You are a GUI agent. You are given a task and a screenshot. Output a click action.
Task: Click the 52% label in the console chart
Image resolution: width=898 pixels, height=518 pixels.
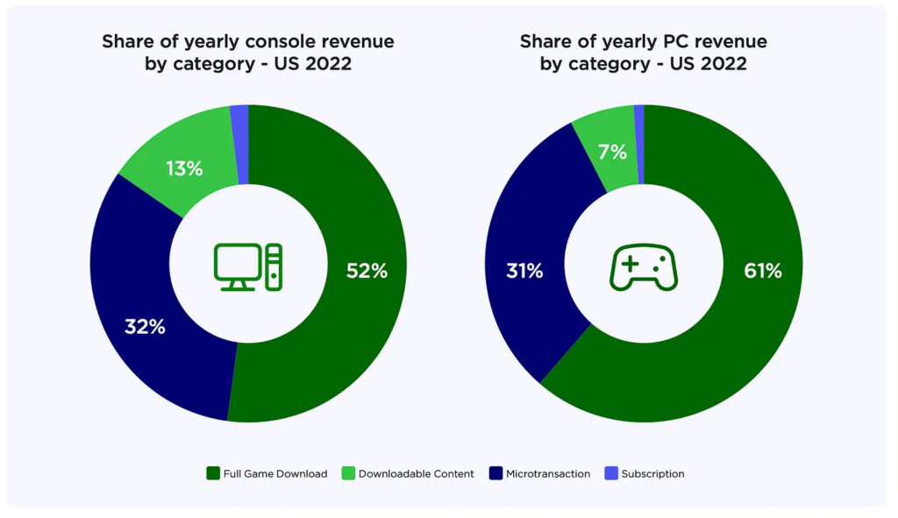click(367, 271)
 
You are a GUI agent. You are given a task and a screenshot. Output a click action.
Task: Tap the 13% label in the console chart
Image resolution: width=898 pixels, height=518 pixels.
click(184, 168)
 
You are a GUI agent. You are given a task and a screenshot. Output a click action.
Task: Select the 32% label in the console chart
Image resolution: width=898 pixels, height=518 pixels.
click(145, 327)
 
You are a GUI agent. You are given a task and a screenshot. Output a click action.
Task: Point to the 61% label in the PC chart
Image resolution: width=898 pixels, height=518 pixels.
click(762, 271)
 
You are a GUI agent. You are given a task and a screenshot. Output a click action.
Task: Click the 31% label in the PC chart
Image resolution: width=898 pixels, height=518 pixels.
click(524, 271)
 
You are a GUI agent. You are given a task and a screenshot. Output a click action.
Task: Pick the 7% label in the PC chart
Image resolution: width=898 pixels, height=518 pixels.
click(613, 152)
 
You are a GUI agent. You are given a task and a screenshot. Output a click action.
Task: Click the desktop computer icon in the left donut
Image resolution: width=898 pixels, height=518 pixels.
click(249, 266)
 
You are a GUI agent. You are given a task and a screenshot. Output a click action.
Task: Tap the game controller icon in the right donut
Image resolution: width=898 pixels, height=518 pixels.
click(643, 266)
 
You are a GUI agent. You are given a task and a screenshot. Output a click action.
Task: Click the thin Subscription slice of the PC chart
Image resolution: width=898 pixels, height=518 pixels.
click(639, 144)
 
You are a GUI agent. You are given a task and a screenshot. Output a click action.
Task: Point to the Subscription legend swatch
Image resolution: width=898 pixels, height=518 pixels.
click(611, 473)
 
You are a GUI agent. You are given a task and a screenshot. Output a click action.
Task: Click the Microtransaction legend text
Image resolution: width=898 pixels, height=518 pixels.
click(548, 473)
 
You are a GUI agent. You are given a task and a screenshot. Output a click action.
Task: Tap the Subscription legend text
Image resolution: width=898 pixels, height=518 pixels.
click(652, 473)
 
